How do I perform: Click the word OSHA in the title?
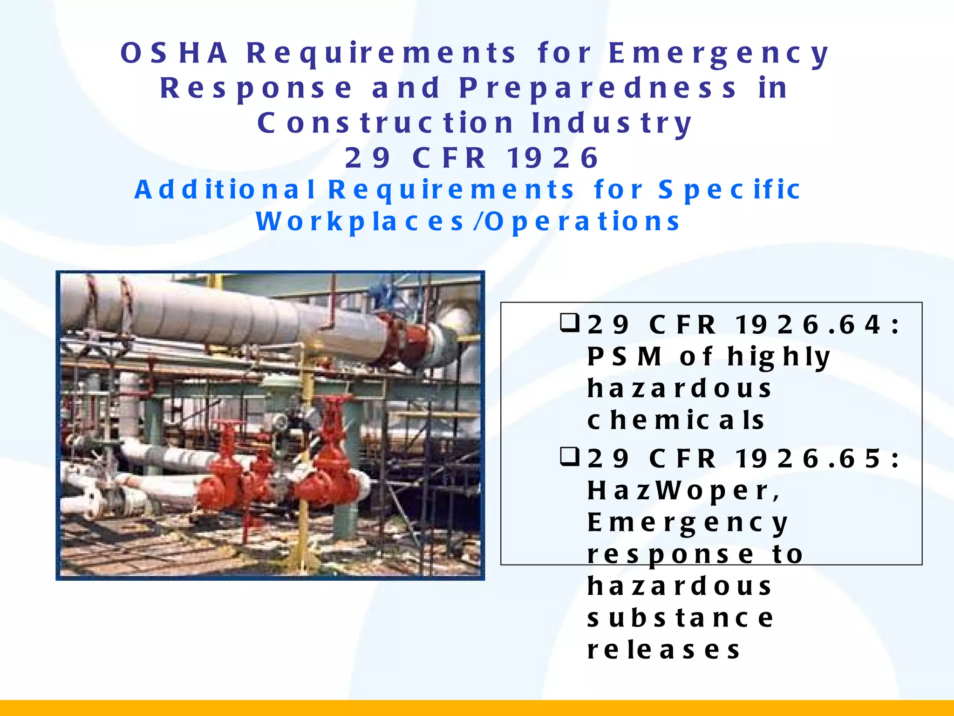tap(174, 53)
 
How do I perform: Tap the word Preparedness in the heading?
tap(598, 88)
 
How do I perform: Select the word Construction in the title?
tap(385, 123)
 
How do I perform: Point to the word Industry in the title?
tap(612, 123)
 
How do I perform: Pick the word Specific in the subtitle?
tap(729, 189)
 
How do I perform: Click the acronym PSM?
tap(624, 357)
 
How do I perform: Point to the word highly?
tap(779, 357)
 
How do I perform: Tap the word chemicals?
tap(675, 420)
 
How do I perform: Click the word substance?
tap(680, 618)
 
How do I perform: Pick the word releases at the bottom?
tap(663, 650)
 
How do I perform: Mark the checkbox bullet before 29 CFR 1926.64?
tap(569, 323)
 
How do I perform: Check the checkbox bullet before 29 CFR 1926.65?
tap(569, 457)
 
